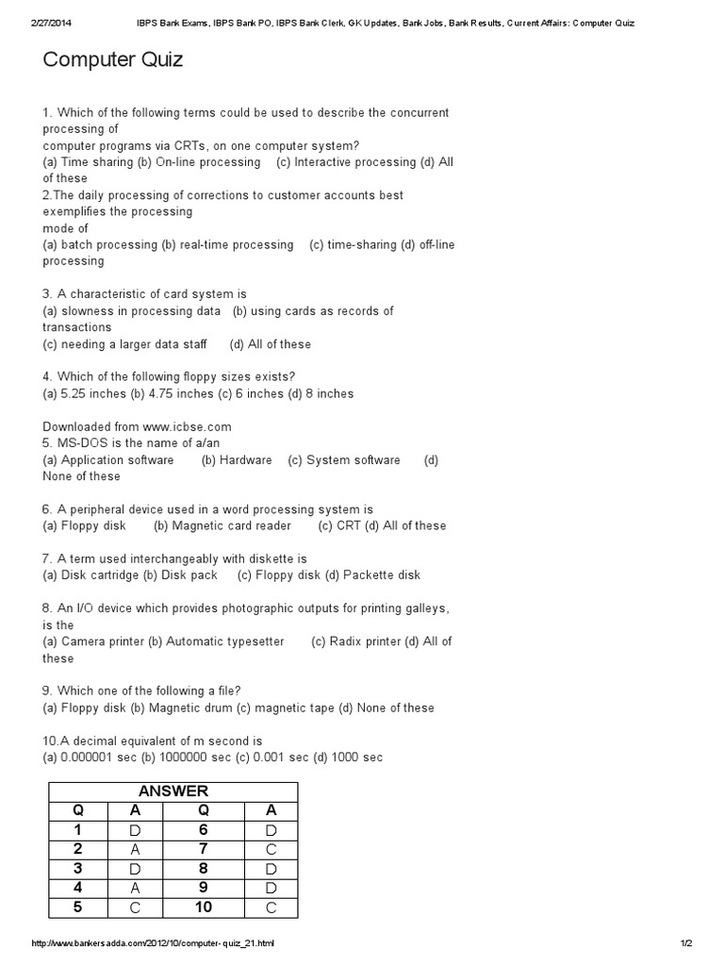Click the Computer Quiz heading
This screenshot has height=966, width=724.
[113, 61]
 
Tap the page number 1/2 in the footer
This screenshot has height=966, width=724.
[685, 942]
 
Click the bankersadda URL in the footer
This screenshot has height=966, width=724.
[153, 942]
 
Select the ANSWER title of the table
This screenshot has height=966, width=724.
[173, 791]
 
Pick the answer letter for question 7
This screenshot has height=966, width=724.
[271, 849]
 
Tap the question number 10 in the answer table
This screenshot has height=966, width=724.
[204, 908]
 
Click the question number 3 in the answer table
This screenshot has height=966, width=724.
[78, 869]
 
